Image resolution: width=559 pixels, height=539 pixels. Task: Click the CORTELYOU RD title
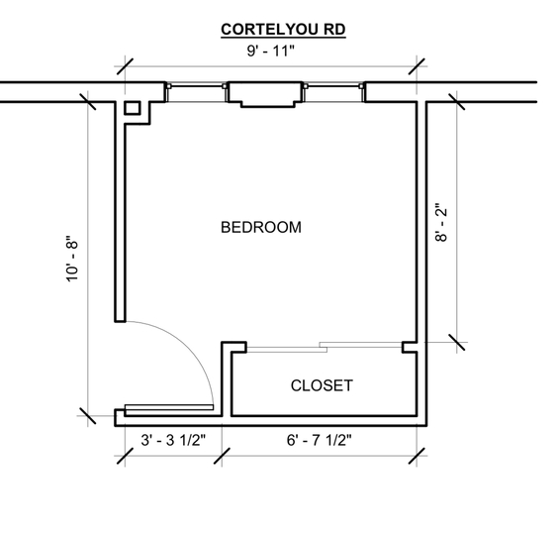pos(283,30)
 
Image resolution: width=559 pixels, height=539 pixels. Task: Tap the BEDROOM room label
pos(261,227)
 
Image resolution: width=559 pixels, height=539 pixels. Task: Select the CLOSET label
pos(322,385)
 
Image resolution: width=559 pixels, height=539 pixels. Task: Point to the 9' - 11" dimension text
pos(271,51)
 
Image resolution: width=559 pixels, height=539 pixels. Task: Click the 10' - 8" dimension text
pos(71,259)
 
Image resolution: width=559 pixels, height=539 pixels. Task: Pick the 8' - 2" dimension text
pos(441,223)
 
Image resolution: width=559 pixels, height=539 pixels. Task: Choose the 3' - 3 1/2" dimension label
pos(173,440)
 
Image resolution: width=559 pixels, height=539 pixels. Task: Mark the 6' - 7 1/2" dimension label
pos(319,440)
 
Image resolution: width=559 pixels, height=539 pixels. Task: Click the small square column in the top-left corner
pos(132,108)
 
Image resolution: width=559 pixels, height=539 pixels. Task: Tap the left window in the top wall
pos(196,93)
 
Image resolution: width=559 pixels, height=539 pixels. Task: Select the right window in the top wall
pos(334,93)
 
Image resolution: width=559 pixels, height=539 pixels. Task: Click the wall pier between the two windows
pos(265,94)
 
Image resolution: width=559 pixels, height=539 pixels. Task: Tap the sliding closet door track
pos(325,347)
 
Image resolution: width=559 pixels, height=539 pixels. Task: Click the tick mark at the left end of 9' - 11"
pos(125,66)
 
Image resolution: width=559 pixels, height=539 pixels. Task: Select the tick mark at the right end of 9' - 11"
pos(417,66)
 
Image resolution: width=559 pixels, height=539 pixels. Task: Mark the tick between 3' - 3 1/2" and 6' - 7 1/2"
pos(222,456)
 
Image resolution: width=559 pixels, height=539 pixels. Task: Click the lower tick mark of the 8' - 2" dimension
pos(457,342)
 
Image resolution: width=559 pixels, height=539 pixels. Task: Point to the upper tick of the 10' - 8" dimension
pos(88,102)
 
